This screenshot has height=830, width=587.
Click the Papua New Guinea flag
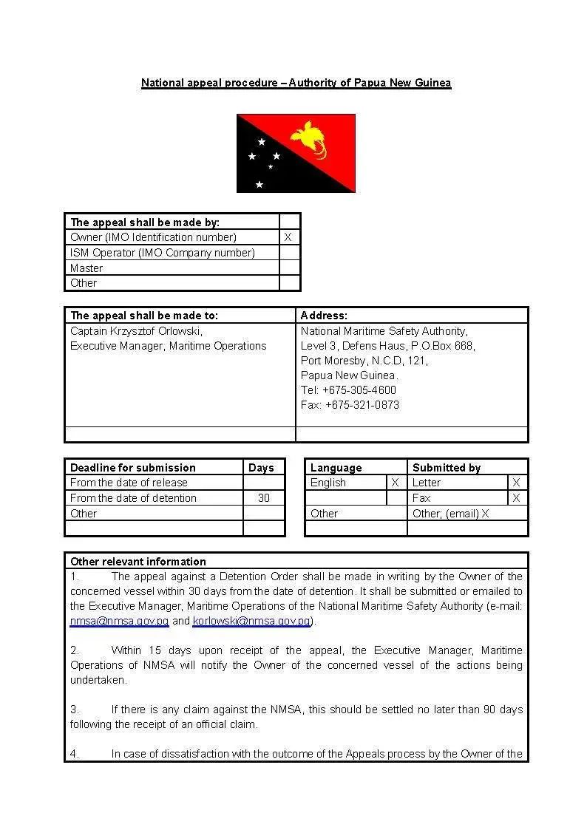[x=296, y=153]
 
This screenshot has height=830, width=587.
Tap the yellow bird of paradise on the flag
[x=311, y=137]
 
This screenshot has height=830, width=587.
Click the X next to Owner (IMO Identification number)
[x=288, y=237]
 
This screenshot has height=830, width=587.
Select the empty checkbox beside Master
[x=290, y=268]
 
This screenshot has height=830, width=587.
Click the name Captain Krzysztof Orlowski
[x=136, y=331]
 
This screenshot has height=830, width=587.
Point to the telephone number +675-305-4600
[x=348, y=390]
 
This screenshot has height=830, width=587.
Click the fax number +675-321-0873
[x=350, y=405]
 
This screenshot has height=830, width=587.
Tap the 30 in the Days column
[x=264, y=498]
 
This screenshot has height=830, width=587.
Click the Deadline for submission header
[x=133, y=468]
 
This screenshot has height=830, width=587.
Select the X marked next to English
[x=396, y=483]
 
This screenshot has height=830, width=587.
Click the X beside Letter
[x=516, y=483]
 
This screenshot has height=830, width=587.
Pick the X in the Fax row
[x=516, y=498]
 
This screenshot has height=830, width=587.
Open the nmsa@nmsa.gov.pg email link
[x=119, y=621]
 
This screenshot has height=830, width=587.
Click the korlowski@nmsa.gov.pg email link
[x=251, y=621]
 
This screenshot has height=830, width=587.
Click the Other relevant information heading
[x=138, y=561]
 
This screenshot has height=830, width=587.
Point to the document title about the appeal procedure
[x=296, y=83]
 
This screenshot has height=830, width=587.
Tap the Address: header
[x=324, y=316]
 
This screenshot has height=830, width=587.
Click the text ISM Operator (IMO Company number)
[x=163, y=253]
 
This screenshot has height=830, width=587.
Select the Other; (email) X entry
[x=451, y=514]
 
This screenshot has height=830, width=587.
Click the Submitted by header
[x=447, y=468]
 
